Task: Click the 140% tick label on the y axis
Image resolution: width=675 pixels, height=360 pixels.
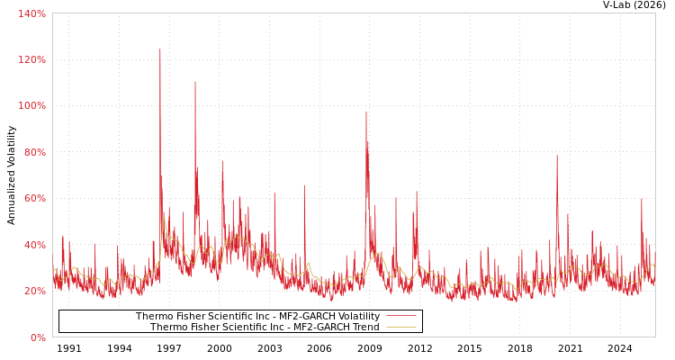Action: [x=31, y=13]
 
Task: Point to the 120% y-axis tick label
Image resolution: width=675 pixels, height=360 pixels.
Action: [x=31, y=59]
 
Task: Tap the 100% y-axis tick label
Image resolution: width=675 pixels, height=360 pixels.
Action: [x=31, y=106]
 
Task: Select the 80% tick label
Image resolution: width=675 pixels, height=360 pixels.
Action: [x=34, y=152]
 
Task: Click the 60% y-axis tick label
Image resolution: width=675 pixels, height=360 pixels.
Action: [x=34, y=199]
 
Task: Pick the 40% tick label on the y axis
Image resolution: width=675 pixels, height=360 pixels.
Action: [x=34, y=245]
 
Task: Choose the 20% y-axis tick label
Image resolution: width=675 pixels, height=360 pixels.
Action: [x=34, y=292]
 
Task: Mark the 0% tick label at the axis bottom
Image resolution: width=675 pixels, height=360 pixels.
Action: [x=38, y=337]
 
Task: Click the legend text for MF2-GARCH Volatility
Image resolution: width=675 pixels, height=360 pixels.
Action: [x=257, y=316]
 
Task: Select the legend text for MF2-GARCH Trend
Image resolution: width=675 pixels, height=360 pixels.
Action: [x=265, y=328]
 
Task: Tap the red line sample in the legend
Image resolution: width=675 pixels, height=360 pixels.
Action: [x=400, y=316]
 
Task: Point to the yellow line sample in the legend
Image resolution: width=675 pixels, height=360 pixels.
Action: [x=400, y=328]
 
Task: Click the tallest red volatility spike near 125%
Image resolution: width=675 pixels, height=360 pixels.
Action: [x=160, y=49]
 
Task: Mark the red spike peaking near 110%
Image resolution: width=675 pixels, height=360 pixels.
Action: [x=194, y=83]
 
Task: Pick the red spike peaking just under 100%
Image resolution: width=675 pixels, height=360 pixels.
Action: [x=365, y=112]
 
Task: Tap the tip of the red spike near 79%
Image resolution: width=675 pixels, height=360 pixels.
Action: [x=556, y=156]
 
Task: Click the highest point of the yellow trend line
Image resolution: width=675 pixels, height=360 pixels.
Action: [x=164, y=216]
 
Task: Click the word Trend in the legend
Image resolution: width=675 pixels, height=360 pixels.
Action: [x=364, y=328]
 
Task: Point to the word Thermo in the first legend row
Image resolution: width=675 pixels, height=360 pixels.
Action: [x=155, y=316]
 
